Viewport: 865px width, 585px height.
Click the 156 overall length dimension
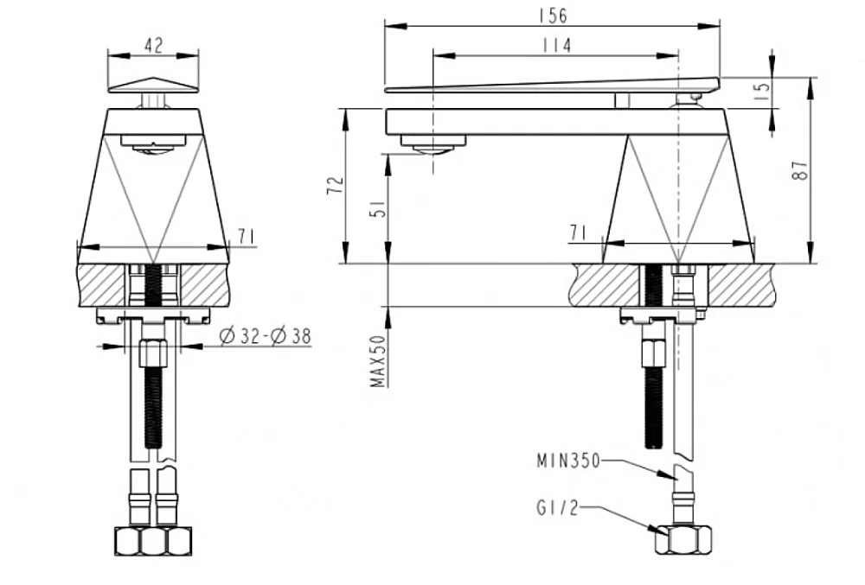pyautogui.click(x=552, y=15)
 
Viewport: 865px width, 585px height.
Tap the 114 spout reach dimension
pyautogui.click(x=556, y=45)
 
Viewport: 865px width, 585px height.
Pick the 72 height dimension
pyautogui.click(x=336, y=185)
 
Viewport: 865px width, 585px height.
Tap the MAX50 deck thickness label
pyautogui.click(x=378, y=361)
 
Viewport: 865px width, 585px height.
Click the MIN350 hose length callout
pyautogui.click(x=568, y=461)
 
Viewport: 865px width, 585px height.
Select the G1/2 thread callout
pyautogui.click(x=557, y=507)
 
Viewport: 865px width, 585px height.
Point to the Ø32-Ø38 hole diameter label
pyautogui.click(x=265, y=335)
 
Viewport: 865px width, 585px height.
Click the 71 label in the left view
pyautogui.click(x=246, y=237)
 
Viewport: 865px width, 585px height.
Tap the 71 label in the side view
pyautogui.click(x=578, y=233)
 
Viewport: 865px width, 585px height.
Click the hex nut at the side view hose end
pyautogui.click(x=683, y=540)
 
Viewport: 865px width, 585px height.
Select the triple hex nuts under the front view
pyautogui.click(x=153, y=542)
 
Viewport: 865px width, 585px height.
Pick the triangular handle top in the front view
pyautogui.click(x=153, y=86)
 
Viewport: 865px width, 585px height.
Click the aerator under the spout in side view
pyautogui.click(x=433, y=145)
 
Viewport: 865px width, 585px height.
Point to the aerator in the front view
pyautogui.click(x=153, y=145)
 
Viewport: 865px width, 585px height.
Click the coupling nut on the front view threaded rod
pyautogui.click(x=153, y=354)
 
